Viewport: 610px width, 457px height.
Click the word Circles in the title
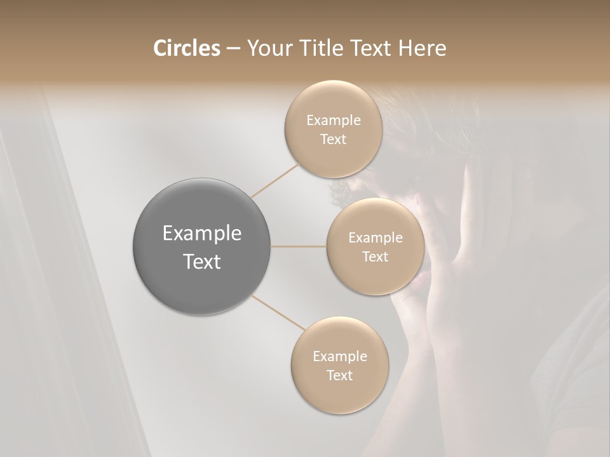[x=186, y=48]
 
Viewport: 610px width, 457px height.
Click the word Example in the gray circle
[x=202, y=234]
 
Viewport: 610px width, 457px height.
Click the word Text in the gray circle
[x=202, y=262]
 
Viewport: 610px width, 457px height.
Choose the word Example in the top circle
[x=333, y=121]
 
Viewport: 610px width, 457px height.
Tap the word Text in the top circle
[x=333, y=140]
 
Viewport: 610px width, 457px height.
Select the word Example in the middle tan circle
[x=375, y=238]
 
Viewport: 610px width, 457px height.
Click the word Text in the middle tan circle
[x=375, y=257]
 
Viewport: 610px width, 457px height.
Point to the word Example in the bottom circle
[x=339, y=357]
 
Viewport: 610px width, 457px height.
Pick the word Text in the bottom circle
[x=339, y=376]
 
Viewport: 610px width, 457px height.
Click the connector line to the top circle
[x=274, y=181]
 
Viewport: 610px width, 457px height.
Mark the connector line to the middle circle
[x=299, y=246]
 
